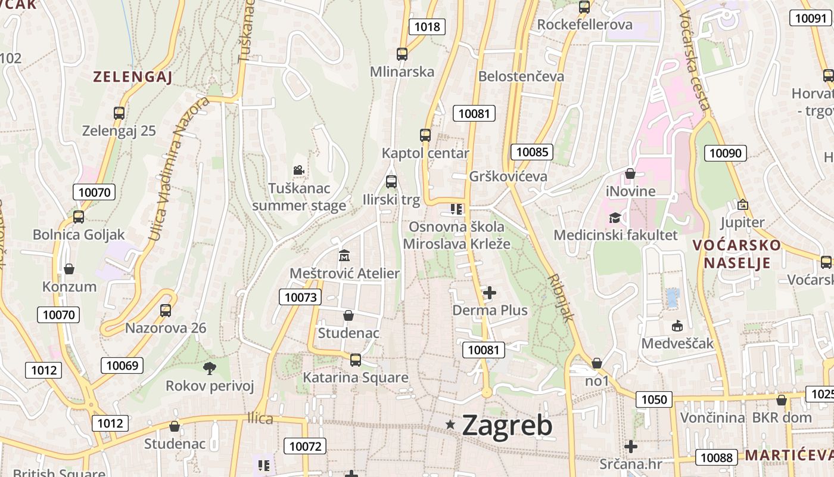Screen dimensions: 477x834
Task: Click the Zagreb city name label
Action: click(x=507, y=425)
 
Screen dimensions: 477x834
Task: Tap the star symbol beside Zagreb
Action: click(x=450, y=424)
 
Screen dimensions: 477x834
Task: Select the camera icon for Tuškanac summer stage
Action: click(x=299, y=171)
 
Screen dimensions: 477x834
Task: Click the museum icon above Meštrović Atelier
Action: click(x=344, y=256)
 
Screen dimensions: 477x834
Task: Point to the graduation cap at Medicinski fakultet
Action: click(x=615, y=218)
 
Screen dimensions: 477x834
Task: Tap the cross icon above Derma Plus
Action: click(x=490, y=293)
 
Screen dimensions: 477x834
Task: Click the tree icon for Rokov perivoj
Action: click(x=209, y=368)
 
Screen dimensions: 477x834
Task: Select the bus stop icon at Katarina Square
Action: click(x=356, y=360)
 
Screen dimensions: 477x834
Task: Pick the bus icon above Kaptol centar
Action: click(x=425, y=135)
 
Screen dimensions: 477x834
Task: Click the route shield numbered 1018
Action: click(x=427, y=26)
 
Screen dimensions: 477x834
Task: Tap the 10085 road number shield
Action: click(x=532, y=152)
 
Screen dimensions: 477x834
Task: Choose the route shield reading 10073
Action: click(x=301, y=297)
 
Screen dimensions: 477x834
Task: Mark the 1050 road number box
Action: click(x=653, y=399)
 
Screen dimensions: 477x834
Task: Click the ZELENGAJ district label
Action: click(x=132, y=77)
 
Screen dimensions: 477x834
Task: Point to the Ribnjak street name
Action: click(x=561, y=298)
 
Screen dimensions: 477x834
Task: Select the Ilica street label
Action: click(x=260, y=419)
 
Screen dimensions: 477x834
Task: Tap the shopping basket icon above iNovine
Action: click(x=630, y=174)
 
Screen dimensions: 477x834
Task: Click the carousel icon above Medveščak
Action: click(x=677, y=326)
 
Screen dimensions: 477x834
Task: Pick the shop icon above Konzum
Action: click(x=69, y=269)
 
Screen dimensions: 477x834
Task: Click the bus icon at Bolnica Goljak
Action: click(x=79, y=217)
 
